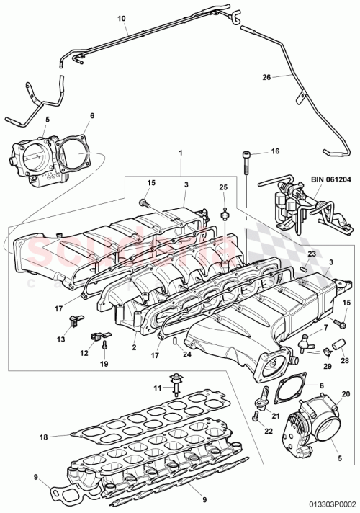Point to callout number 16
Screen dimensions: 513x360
tap(274, 152)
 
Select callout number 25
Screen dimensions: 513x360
tap(223, 187)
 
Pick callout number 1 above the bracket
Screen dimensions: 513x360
tap(181, 153)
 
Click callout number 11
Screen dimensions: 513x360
tap(157, 388)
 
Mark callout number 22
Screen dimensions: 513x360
tap(269, 432)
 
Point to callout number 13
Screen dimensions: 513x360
tap(60, 339)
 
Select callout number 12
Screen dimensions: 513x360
tap(85, 354)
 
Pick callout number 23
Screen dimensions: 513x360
tap(312, 254)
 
